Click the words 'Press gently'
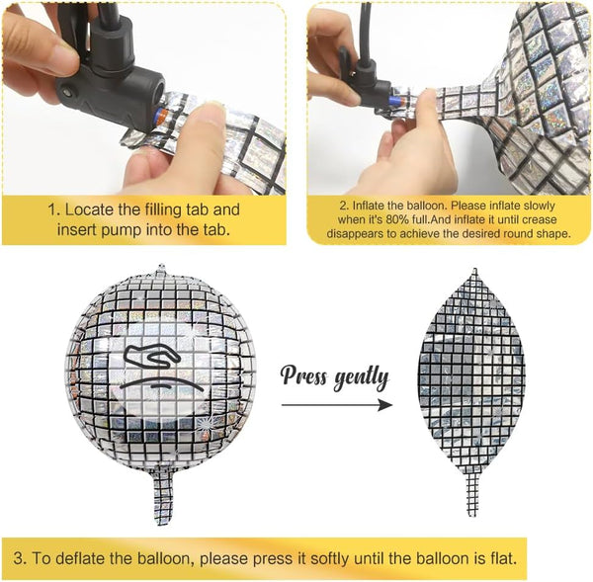tap(334, 377)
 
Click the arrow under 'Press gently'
tap(337, 405)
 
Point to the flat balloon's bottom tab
tap(472, 494)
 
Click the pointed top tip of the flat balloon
tap(475, 269)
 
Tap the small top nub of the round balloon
tap(162, 269)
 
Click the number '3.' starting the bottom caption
tap(20, 558)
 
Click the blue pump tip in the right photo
tap(394, 102)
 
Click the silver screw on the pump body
tap(68, 92)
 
